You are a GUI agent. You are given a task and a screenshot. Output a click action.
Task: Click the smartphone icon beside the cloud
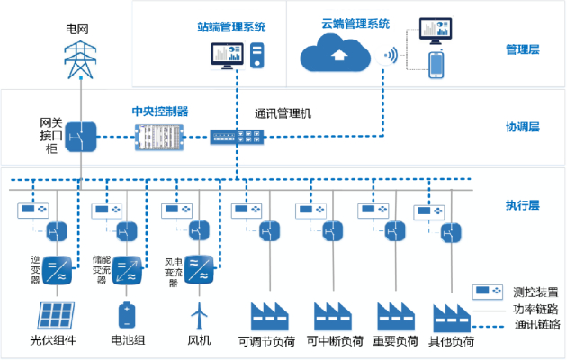pos(436,67)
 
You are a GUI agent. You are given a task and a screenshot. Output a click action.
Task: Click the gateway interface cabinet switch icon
pos(80,137)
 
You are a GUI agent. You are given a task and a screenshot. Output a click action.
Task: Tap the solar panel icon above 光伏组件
pos(56,315)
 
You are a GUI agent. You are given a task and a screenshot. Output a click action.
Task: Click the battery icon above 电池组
pos(127,315)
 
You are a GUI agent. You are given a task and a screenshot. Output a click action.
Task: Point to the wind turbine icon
pos(198,315)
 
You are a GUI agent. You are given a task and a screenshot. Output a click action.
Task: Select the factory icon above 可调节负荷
pos(267,316)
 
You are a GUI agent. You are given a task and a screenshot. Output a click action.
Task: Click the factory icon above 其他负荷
pos(451,318)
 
